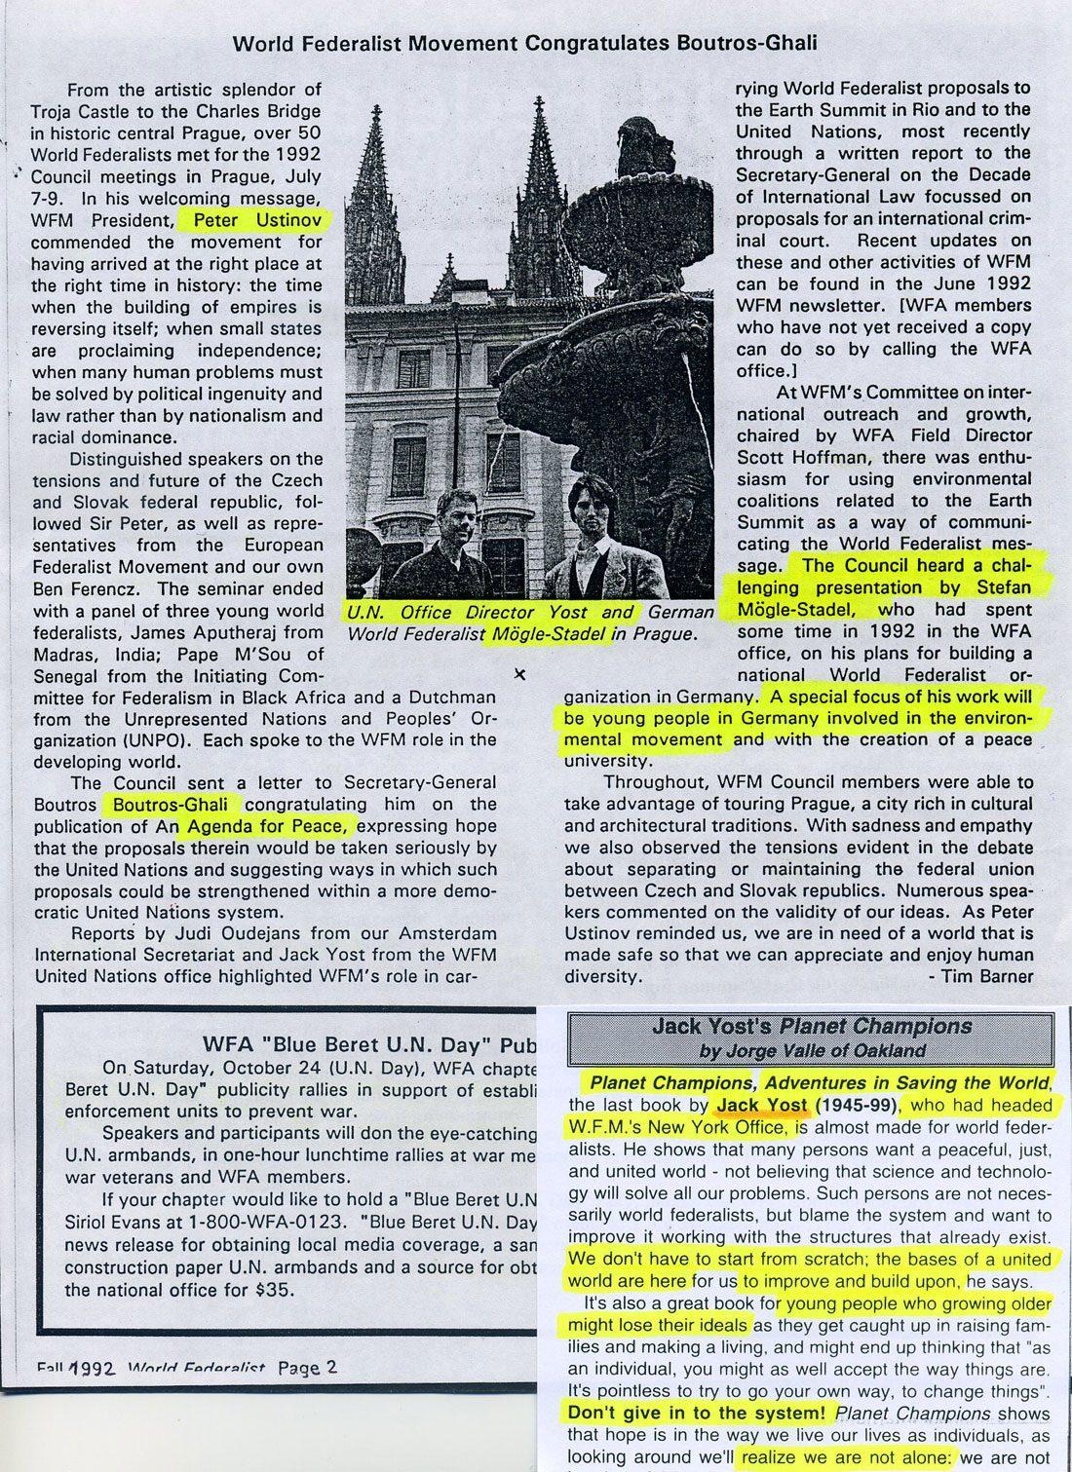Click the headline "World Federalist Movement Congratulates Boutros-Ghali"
[525, 43]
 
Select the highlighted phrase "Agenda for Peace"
[266, 826]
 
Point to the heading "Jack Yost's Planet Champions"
[811, 1026]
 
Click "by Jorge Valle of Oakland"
[811, 1050]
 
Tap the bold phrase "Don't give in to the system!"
[697, 1413]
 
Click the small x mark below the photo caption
[519, 673]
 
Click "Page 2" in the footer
[307, 1367]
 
